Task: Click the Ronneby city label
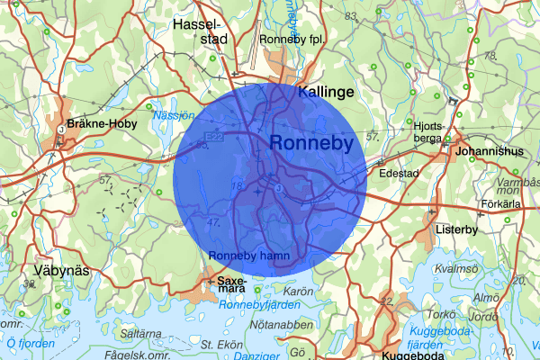pos(310,144)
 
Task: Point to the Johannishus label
pos(490,151)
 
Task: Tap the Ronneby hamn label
pos(248,256)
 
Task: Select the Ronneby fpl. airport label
pos(290,40)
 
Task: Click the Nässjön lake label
pos(174,116)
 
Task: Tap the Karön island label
pos(298,292)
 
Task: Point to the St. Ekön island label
pos(219,344)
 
